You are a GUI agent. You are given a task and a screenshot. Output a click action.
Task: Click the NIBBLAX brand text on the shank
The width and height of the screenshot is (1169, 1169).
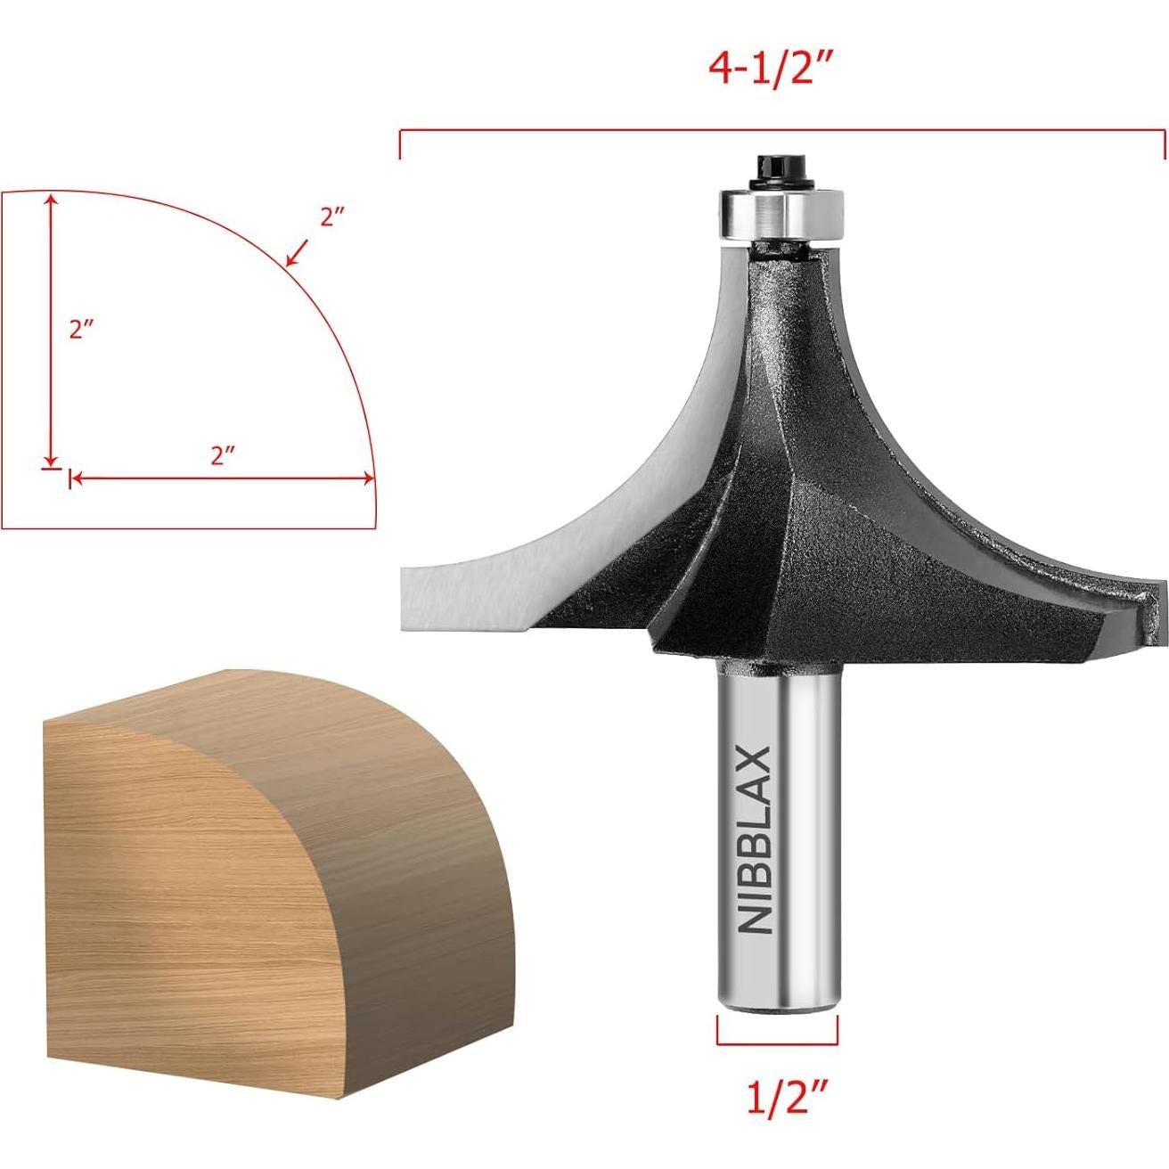(756, 839)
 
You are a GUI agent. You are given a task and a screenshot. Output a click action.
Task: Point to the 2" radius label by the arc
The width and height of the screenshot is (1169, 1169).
(332, 217)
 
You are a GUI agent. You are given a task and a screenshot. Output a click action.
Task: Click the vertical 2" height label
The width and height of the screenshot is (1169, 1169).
(82, 329)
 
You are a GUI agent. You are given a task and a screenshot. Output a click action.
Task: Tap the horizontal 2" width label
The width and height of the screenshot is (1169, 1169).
(222, 455)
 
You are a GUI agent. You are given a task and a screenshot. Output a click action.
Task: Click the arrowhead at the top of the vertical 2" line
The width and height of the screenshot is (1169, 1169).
(53, 200)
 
